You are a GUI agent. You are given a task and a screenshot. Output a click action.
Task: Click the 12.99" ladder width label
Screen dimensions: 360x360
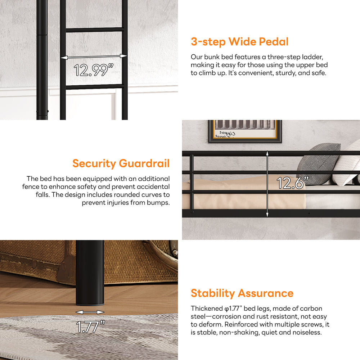[x=94, y=70]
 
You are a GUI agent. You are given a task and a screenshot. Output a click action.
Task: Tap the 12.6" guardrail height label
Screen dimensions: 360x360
[x=292, y=183]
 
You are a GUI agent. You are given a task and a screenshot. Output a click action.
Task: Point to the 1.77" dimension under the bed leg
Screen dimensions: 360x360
[x=90, y=327]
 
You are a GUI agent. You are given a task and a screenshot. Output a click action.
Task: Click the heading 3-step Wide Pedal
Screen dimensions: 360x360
[x=239, y=42]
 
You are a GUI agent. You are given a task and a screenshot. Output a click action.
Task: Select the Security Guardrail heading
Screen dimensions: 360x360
[x=121, y=163]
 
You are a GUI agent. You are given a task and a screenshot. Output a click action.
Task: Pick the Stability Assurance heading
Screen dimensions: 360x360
[x=242, y=293]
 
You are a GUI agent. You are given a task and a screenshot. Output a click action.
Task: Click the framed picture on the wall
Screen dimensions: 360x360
[x=245, y=131]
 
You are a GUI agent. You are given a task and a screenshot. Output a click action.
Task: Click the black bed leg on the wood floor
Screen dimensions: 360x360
[x=90, y=273]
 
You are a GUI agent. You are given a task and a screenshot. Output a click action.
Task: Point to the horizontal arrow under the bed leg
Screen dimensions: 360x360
[x=90, y=312]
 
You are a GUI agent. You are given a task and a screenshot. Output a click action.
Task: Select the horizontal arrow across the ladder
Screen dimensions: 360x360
[x=94, y=57]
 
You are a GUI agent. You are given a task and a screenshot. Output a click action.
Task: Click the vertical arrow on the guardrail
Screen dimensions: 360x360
[x=267, y=184]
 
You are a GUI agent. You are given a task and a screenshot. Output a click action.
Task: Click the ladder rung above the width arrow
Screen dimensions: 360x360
[x=95, y=30]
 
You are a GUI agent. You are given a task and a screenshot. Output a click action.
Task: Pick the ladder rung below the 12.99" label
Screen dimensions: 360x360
[x=95, y=87]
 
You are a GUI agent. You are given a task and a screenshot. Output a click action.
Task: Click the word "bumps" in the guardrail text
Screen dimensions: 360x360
[x=158, y=203]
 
